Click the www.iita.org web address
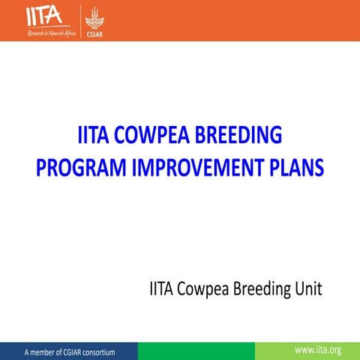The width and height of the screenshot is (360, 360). (x=319, y=350)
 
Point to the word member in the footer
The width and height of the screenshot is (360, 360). (x=42, y=351)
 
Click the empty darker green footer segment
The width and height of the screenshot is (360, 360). (x=196, y=350)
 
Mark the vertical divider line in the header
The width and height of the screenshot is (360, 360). (x=81, y=21)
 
